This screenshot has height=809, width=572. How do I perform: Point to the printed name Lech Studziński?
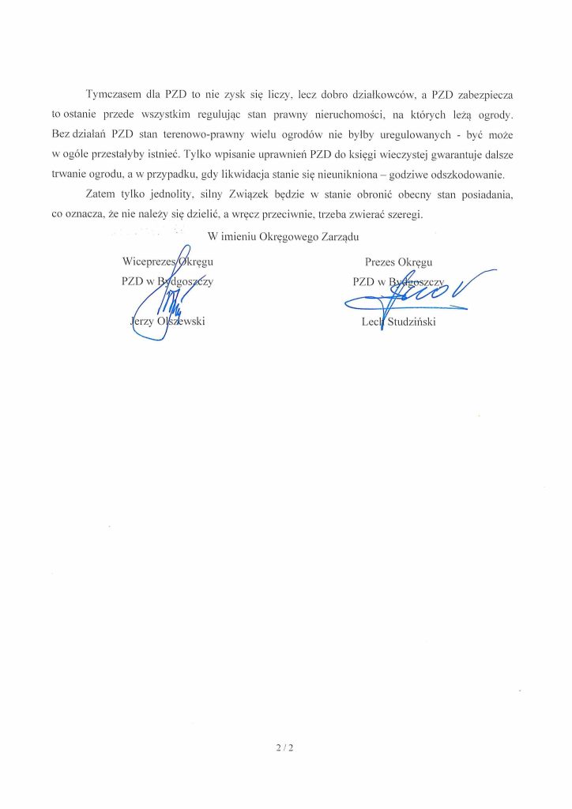click(x=397, y=322)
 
